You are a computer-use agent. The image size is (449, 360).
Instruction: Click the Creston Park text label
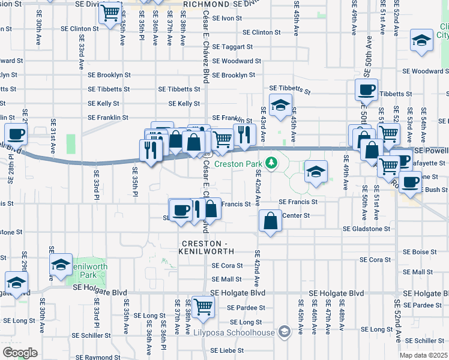(238, 164)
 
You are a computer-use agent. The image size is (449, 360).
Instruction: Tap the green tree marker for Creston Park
(271, 163)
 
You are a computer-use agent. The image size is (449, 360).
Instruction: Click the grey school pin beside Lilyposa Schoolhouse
(285, 332)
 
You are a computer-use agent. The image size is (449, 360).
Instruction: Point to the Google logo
(20, 353)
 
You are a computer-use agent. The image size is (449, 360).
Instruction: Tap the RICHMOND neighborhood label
(206, 4)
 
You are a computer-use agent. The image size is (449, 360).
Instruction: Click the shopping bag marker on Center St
(271, 220)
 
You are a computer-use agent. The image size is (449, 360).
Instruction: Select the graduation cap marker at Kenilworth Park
(61, 265)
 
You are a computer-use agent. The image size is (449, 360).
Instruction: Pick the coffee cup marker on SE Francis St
(181, 210)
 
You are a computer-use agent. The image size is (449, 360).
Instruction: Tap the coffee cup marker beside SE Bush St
(411, 182)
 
